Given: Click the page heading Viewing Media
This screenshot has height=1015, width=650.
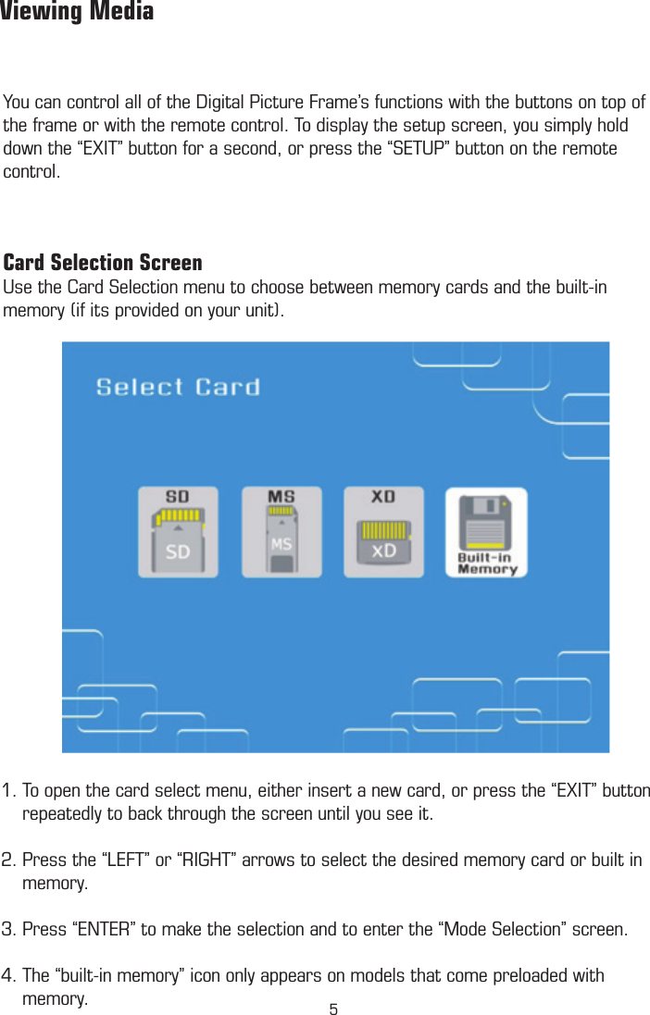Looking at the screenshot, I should (77, 13).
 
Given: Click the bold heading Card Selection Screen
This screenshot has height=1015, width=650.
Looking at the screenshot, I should (103, 263).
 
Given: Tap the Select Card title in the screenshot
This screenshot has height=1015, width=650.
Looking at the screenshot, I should (178, 387).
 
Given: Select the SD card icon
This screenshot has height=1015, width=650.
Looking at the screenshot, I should (178, 534).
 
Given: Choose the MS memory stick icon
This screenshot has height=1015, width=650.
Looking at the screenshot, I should (281, 534).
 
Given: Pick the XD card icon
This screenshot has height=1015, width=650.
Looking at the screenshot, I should (383, 534).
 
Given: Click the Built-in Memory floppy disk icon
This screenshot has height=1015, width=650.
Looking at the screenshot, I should (486, 534).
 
